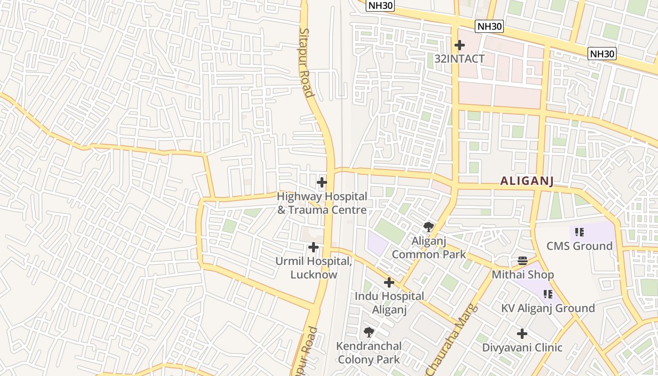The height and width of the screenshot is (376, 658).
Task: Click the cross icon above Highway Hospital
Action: point(322,182)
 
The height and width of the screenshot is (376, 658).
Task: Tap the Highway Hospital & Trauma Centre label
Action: point(322,203)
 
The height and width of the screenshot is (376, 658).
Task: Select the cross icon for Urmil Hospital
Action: point(313,247)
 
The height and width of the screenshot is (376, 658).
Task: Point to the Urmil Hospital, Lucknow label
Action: point(314,268)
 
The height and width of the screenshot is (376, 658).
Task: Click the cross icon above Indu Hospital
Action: point(389,282)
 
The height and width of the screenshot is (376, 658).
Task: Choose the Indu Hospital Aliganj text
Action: point(389,303)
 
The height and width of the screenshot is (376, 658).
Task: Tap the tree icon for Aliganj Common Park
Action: point(428,227)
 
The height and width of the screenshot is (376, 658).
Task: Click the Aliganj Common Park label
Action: point(429,248)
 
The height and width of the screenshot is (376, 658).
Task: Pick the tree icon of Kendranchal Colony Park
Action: point(369,332)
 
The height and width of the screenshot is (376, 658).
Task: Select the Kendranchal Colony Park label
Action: point(369,353)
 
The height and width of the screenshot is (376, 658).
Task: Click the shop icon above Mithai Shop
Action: point(523,260)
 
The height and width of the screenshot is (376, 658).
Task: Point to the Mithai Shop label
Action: point(523,274)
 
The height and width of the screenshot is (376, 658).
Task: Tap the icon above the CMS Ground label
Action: point(580,232)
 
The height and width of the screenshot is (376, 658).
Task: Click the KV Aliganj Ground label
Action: point(548,308)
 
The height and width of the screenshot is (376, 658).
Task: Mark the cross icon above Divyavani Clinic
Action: point(522,334)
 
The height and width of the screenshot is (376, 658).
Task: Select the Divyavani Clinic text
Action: point(522,348)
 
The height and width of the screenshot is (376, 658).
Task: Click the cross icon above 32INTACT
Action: point(460,45)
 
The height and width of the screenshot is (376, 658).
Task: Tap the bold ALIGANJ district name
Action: point(527,181)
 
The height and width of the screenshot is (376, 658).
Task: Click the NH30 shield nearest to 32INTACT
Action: point(489,26)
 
